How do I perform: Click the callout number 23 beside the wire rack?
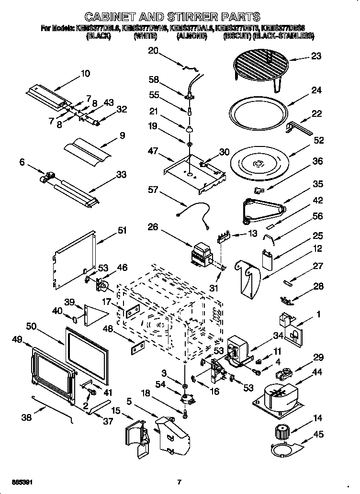pyautogui.click(x=316, y=56)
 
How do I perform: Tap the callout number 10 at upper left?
pyautogui.click(x=85, y=73)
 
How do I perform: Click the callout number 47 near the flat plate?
pyautogui.click(x=153, y=151)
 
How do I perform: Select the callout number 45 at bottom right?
pyautogui.click(x=318, y=435)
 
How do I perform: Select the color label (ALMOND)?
pyautogui.click(x=191, y=36)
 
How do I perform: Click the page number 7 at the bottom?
pyautogui.click(x=179, y=482)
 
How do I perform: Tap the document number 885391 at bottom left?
pyautogui.click(x=22, y=482)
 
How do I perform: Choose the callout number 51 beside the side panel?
pyautogui.click(x=122, y=231)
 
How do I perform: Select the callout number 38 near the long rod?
pyautogui.click(x=27, y=417)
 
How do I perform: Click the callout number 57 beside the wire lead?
pyautogui.click(x=153, y=190)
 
